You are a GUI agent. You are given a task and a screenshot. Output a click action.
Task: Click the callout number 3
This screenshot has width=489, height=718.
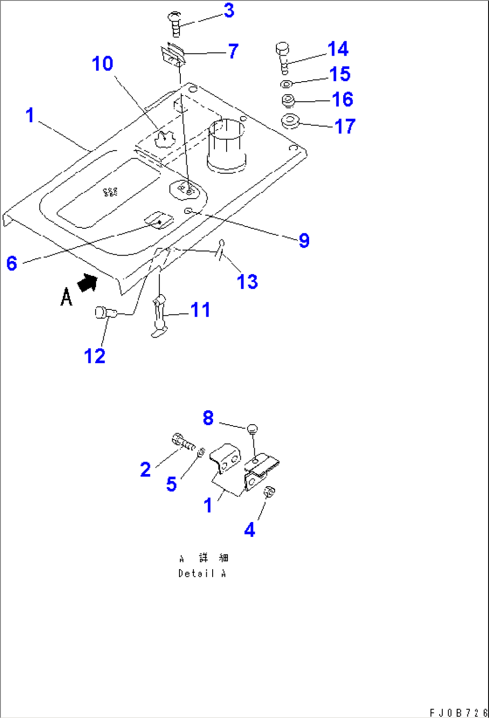(x=229, y=10)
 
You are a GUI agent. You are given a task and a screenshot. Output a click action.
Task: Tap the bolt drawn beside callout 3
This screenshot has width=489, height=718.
(x=175, y=24)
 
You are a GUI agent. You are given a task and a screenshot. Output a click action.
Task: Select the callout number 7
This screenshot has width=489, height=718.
(x=233, y=51)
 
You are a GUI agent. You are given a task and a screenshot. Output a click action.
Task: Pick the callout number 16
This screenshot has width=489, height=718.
(x=343, y=100)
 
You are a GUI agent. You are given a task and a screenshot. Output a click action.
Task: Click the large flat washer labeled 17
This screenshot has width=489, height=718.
(x=291, y=121)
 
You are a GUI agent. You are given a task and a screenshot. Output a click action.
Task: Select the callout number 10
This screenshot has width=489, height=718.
(x=102, y=64)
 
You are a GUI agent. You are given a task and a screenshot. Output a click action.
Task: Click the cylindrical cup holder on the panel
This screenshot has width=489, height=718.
(x=227, y=146)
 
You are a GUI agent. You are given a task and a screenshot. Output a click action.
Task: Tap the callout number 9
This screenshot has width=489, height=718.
(x=304, y=240)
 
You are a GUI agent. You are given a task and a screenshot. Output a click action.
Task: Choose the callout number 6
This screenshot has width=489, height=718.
(x=12, y=263)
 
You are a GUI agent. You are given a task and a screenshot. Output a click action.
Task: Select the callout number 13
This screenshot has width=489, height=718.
(x=247, y=282)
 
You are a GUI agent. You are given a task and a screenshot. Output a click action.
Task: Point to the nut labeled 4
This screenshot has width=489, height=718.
(x=269, y=492)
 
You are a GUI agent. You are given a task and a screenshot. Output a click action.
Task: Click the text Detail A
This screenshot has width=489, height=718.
(x=202, y=573)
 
